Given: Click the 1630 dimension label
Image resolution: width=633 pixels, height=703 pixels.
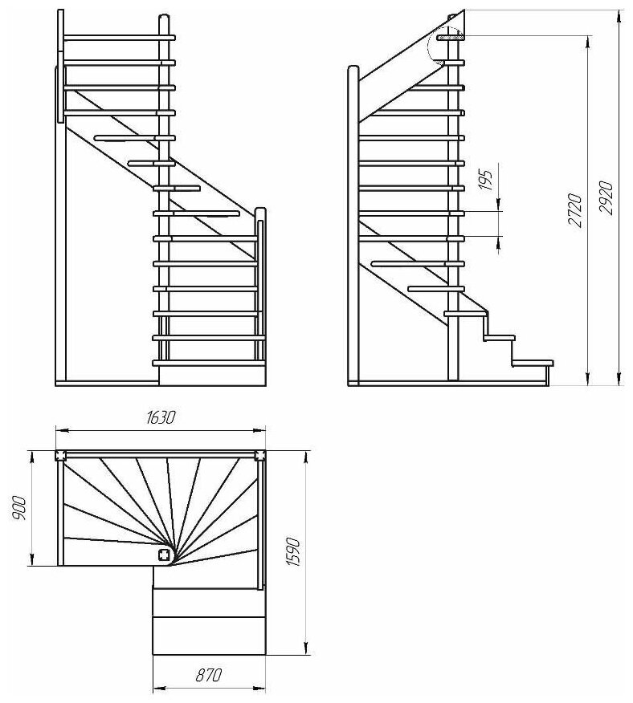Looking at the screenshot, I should pos(160,417).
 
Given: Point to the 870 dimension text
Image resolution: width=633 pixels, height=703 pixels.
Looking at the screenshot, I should pos(208,676).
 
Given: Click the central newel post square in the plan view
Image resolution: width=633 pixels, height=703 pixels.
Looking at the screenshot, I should pos(164,555).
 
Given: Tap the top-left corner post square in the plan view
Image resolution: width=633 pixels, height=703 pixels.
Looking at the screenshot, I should pos(61,456).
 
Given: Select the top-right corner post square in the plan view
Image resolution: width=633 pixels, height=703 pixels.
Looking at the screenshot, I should pos(259,456).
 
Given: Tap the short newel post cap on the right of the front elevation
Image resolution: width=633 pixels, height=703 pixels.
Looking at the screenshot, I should pos(259,213).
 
